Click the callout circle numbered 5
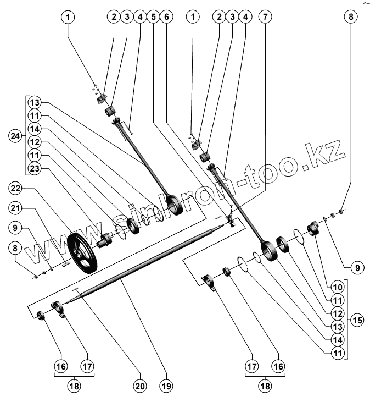tap(153, 16)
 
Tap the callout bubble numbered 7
tap(265, 16)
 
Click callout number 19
tap(167, 387)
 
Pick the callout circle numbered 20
tap(141, 387)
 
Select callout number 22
tap(16, 189)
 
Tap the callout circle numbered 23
tap(35, 169)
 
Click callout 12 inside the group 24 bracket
tap(35, 143)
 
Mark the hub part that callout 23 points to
tap(103, 240)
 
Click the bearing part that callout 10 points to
tap(315, 227)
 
